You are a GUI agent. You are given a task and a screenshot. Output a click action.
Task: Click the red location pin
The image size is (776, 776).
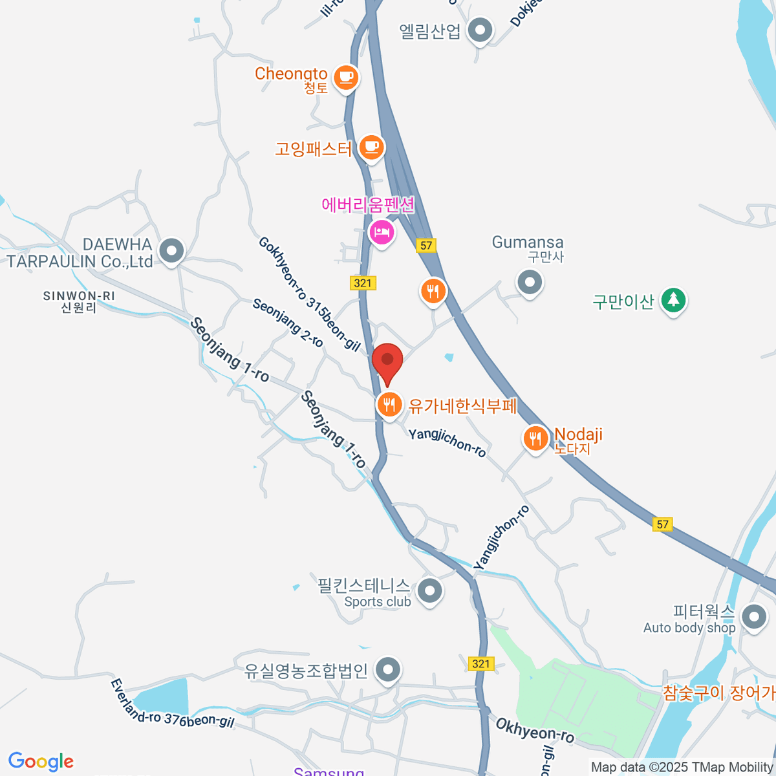point(387,361)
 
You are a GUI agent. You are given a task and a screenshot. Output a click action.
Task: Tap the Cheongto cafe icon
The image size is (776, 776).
point(346,78)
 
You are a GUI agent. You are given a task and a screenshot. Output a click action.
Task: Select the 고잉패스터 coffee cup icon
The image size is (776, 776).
point(371,147)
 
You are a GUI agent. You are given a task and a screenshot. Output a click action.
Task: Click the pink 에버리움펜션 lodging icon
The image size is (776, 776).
point(382,232)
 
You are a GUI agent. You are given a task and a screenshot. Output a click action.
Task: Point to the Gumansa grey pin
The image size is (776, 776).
point(530,283)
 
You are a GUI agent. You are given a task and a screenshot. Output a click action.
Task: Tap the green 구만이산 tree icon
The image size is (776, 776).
point(673,300)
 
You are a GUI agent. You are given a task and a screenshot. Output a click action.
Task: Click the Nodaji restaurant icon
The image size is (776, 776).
point(535,439)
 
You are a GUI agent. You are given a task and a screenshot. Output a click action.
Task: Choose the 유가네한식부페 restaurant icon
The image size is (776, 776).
point(389,405)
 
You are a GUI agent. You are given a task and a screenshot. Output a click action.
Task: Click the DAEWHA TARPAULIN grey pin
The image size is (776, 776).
point(171,251)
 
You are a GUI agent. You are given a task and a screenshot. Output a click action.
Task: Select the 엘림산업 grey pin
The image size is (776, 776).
point(480,30)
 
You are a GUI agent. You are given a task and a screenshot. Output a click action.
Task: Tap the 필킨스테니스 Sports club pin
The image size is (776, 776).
point(429,591)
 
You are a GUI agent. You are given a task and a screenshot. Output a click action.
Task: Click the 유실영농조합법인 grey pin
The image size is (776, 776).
point(388,671)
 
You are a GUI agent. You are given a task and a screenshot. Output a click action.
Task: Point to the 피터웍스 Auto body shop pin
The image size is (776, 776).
point(753,618)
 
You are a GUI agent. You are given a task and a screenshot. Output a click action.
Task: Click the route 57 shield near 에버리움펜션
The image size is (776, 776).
point(426,245)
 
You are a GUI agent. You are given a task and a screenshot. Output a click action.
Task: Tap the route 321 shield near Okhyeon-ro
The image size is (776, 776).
point(480,663)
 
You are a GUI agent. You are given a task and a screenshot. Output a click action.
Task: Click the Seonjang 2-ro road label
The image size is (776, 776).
point(288,322)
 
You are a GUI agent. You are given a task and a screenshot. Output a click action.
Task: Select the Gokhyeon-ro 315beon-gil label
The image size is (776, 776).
point(309,294)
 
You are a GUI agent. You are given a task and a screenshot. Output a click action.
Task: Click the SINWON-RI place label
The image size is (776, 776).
point(79,301)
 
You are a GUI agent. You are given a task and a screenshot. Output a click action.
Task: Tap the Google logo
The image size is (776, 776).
point(41,761)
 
